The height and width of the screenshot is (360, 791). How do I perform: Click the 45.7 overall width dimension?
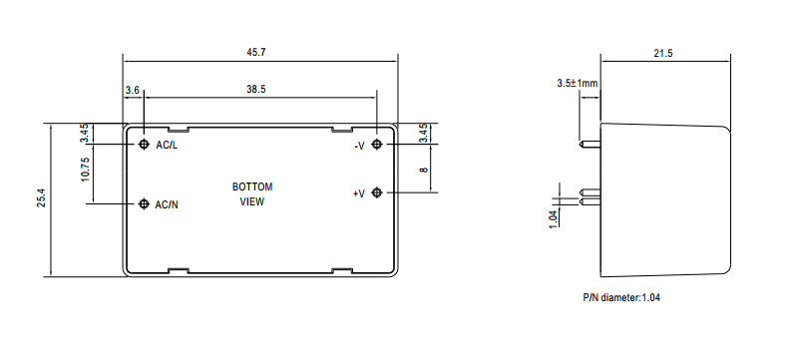point(256,53)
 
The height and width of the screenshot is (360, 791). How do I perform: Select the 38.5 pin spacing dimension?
point(256,89)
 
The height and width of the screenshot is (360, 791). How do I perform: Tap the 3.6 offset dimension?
point(133,91)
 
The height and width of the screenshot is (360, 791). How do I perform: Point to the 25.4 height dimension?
point(41,198)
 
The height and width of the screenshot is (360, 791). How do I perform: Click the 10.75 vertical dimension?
point(84,170)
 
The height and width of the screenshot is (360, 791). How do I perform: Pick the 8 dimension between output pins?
point(424,170)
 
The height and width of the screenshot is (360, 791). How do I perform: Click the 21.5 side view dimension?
point(663,53)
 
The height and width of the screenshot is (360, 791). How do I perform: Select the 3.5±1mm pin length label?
point(578,83)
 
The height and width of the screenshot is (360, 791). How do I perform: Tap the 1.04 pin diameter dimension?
point(554,218)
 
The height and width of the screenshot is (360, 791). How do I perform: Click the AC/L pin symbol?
point(145,145)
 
